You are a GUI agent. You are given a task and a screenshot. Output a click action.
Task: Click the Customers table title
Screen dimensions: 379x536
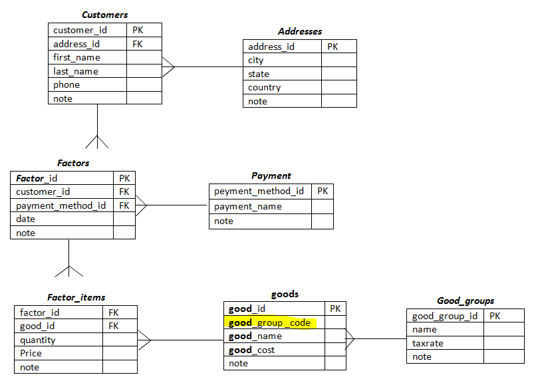[x=104, y=15]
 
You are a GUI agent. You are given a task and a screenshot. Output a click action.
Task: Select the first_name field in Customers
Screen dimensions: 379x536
[x=76, y=58]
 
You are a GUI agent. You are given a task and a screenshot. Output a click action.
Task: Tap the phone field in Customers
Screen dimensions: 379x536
[x=67, y=85]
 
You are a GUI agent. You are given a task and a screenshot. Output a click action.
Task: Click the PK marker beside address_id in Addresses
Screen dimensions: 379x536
[x=333, y=47]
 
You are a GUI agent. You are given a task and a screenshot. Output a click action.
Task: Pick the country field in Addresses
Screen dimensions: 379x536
[x=264, y=88]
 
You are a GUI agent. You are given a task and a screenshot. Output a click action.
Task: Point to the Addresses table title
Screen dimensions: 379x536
[x=299, y=31]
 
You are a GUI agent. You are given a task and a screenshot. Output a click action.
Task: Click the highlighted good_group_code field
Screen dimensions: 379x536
[x=269, y=322]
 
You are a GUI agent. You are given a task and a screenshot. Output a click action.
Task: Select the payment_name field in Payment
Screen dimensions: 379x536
[x=247, y=207]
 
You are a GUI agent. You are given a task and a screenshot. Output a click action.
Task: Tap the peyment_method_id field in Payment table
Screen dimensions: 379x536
[x=259, y=191]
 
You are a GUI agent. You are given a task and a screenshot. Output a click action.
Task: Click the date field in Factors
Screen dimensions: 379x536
[x=26, y=219]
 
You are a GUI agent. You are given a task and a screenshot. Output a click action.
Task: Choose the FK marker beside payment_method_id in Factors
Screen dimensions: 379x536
[x=124, y=205]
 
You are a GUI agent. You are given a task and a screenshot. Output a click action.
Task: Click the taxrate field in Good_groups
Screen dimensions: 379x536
[x=428, y=344]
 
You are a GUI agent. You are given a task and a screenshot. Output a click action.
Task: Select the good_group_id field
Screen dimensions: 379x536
[x=444, y=316]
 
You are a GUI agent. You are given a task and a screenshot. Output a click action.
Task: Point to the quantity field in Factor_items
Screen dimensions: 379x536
[x=38, y=340]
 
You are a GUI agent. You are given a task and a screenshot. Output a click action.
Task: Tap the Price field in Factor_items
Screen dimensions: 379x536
[x=31, y=354]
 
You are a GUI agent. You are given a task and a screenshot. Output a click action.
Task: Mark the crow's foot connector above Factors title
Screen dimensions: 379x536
[x=97, y=141]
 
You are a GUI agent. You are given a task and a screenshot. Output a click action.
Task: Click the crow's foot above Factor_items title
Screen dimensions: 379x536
[x=69, y=270]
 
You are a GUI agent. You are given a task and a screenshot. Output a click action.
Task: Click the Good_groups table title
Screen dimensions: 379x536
[x=466, y=301]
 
